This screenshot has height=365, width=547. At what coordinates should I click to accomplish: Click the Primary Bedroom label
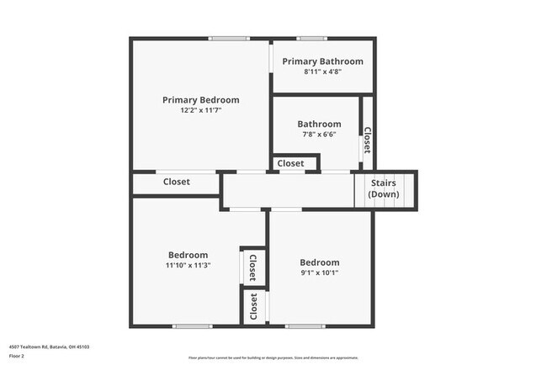tap(200, 99)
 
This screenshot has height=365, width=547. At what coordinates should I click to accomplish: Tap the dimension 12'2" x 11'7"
tap(200, 110)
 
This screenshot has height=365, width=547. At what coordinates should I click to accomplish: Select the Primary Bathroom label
tap(322, 61)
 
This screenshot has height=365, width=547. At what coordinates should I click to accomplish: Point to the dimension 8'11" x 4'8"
tap(322, 72)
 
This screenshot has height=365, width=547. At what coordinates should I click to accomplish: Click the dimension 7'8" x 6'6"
tap(319, 135)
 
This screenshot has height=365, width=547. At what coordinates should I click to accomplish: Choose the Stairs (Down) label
tap(384, 188)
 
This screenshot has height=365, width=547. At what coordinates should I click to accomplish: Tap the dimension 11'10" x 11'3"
tap(188, 265)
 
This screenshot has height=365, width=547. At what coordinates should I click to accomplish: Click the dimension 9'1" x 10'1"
tap(319, 272)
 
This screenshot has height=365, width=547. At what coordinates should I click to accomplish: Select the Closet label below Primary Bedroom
tap(177, 182)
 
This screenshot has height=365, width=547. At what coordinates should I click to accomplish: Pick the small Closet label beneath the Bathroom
tap(291, 163)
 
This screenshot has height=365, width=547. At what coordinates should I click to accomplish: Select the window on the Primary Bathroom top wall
tap(311, 38)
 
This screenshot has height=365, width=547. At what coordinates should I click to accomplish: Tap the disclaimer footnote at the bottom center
tap(273, 357)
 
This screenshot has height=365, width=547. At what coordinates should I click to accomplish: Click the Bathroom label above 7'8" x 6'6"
tap(319, 124)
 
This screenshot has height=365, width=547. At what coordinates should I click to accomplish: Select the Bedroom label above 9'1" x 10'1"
tap(319, 262)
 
